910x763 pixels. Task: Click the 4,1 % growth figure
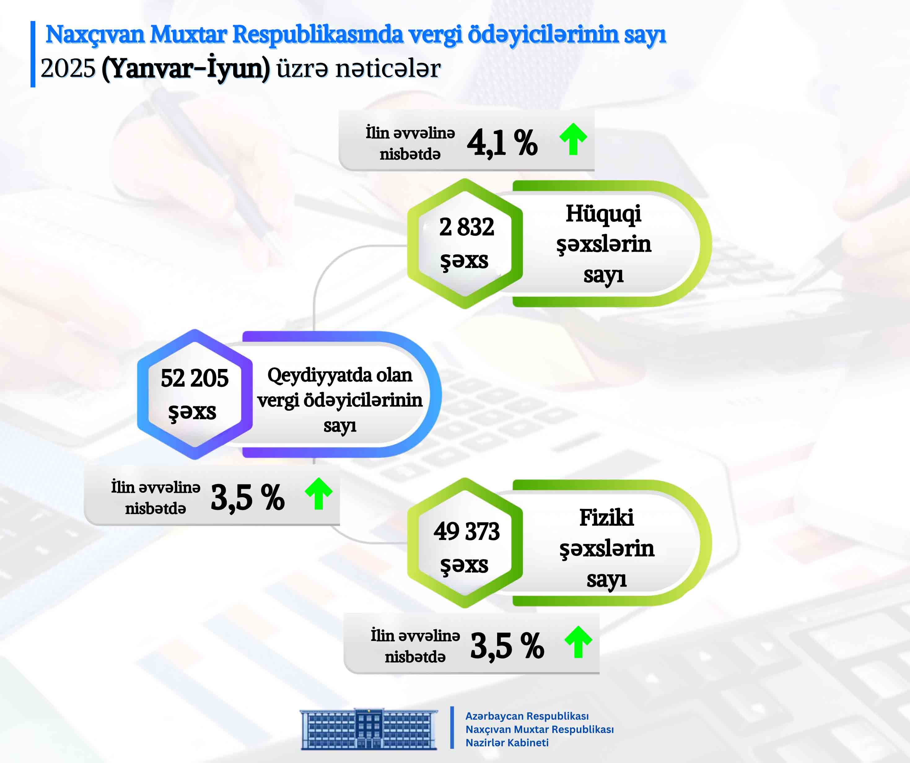click(502, 142)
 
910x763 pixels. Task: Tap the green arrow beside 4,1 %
click(573, 139)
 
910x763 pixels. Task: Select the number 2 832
click(466, 227)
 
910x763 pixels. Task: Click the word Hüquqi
click(603, 214)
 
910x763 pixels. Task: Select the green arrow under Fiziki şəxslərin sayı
click(578, 642)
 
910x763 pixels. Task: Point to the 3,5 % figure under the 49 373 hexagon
click(507, 646)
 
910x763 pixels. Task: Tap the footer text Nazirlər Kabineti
click(507, 743)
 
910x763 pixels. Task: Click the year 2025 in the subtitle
click(68, 68)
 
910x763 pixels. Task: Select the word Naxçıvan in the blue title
click(95, 34)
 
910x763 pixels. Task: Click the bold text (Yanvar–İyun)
click(186, 68)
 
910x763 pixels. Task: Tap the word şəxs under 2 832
click(464, 261)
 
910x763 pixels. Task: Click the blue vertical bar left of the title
click(33, 54)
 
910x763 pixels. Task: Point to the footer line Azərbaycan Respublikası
click(527, 716)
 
